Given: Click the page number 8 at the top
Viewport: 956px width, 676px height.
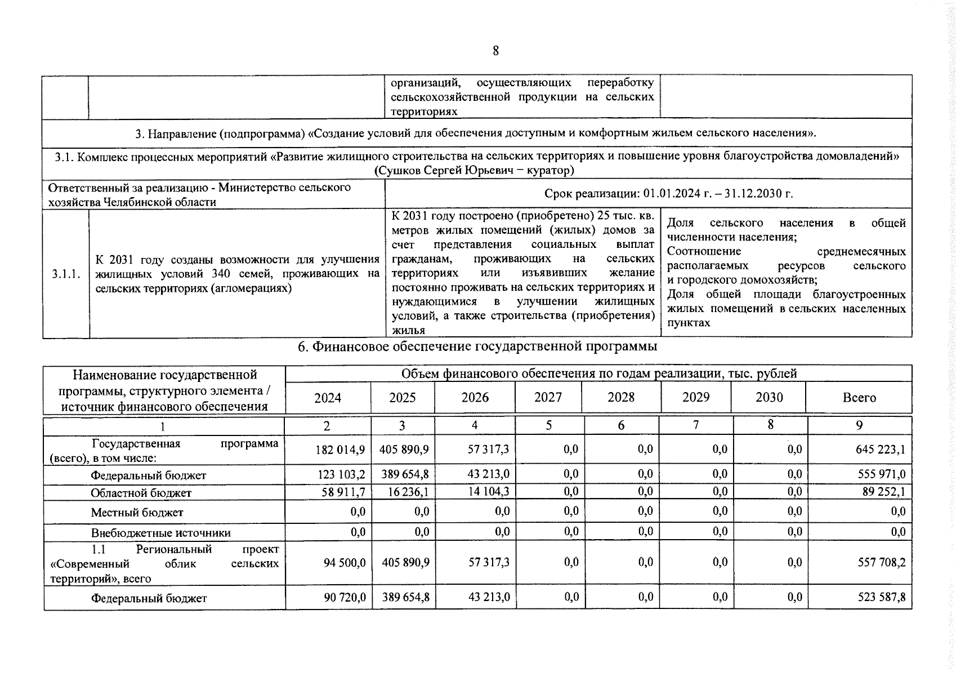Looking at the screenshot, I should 495,51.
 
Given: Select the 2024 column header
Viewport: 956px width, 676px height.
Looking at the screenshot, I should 328,398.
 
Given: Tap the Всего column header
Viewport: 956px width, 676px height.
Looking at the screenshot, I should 859,398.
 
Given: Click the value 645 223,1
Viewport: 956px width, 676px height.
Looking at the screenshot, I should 880,450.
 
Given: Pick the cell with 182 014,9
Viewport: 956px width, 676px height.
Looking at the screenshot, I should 341,450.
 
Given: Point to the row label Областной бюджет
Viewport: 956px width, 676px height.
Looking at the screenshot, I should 141,493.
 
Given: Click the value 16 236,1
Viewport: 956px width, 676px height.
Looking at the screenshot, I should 408,492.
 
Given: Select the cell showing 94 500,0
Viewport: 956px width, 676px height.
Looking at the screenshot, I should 345,563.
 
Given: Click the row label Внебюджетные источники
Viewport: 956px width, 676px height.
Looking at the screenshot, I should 160,533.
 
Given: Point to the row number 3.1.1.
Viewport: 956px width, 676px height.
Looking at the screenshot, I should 66,274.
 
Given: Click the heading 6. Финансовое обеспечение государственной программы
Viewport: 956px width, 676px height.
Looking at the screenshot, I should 477,346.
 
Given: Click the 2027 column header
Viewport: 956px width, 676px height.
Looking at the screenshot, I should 548,398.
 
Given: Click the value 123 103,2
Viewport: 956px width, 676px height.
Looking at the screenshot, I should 341,475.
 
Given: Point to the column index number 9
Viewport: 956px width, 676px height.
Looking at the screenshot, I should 859,426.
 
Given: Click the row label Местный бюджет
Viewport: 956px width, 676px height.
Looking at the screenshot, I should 137,513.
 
